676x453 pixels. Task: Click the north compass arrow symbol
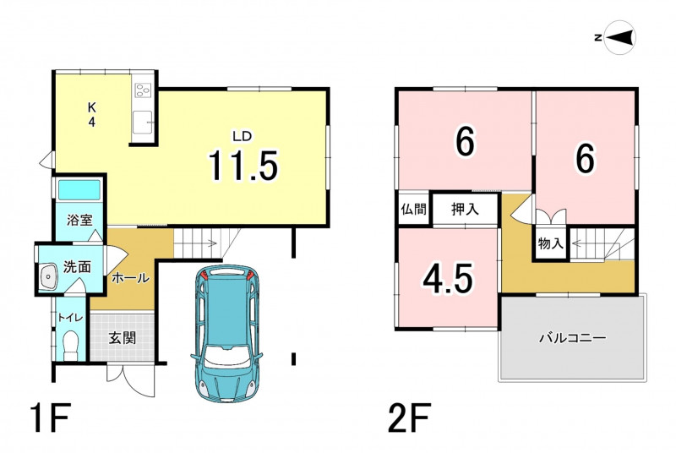pos(620,37)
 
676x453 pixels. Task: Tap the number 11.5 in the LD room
pos(243,165)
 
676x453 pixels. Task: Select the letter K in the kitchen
pos(91,107)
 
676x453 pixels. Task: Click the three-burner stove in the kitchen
pos(144,90)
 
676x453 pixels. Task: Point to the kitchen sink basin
pos(143,123)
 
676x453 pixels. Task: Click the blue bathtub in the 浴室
pos(79,189)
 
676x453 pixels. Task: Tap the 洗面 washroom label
pos(77,267)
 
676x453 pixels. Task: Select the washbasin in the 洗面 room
pos(47,276)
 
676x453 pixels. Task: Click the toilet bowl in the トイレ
pos(70,346)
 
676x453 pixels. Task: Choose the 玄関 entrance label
pos(123,337)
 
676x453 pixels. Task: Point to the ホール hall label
pos(131,278)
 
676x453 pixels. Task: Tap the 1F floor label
pos(50,417)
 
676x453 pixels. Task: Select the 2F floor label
pos(409,417)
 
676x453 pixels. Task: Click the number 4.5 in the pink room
pos(449,279)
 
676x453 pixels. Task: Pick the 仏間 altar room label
pos(414,210)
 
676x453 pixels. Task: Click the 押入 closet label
pos(466,210)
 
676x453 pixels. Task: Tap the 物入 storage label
pos(551,244)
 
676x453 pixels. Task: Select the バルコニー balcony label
pos(573,337)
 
